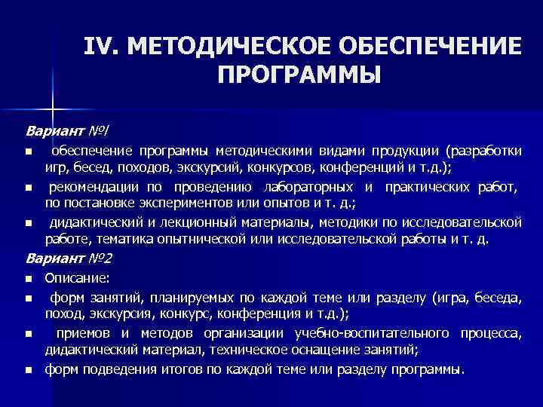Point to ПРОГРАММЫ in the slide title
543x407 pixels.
click(x=299, y=75)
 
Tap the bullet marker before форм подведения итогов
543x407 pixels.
click(x=28, y=371)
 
